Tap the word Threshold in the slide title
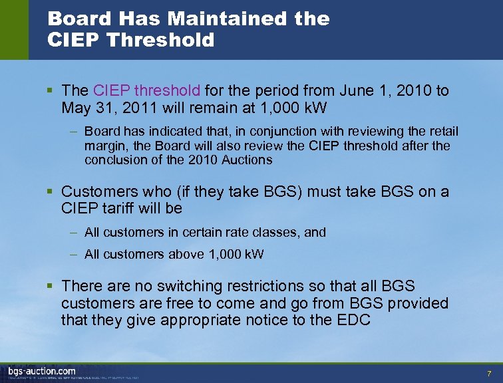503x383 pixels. pos(160,41)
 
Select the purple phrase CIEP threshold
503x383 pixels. pos(146,90)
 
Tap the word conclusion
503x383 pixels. pos(114,160)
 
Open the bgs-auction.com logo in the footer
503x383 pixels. pos(41,370)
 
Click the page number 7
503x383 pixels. pos(489,373)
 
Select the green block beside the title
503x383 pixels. pos(14,30)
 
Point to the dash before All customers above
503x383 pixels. pos(75,254)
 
